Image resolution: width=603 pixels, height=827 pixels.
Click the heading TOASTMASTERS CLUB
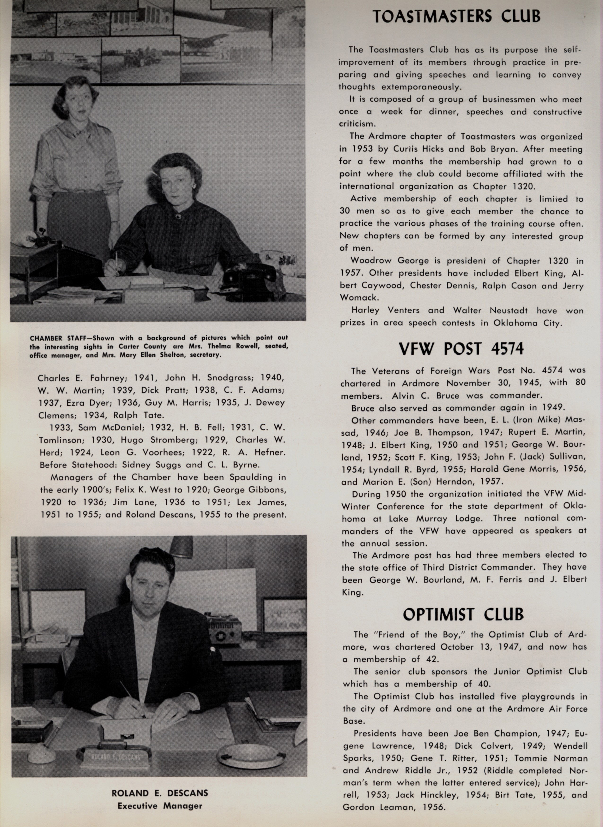click(x=456, y=16)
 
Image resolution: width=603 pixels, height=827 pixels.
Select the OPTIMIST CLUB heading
click(x=463, y=614)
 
